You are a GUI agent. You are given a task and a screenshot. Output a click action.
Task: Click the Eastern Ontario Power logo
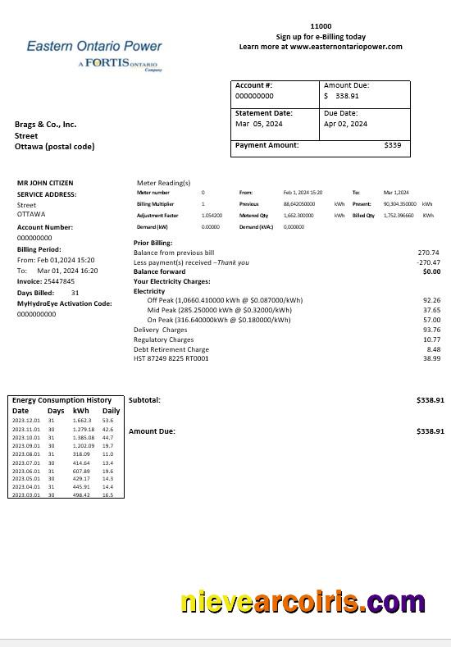(x=94, y=54)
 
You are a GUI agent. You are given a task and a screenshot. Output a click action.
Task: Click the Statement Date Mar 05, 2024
(x=258, y=124)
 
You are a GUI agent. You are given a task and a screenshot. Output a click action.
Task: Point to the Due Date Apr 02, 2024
(x=345, y=124)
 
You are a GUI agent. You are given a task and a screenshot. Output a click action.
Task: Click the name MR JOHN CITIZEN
(x=45, y=183)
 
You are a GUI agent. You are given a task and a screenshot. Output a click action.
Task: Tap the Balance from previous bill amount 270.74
(x=429, y=253)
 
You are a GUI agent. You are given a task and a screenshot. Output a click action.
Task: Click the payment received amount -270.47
(x=428, y=262)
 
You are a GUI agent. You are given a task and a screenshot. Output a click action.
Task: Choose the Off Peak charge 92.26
(x=431, y=301)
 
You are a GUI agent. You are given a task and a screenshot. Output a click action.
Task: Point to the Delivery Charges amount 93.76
(x=431, y=330)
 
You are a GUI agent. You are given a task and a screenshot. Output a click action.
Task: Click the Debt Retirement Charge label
(x=171, y=349)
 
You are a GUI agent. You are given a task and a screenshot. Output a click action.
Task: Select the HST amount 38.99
(x=431, y=358)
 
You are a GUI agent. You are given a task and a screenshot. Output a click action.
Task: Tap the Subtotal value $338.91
(x=430, y=400)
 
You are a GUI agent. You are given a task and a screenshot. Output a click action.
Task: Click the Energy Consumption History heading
(x=61, y=400)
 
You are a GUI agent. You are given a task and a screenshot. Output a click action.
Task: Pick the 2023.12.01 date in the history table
(x=26, y=421)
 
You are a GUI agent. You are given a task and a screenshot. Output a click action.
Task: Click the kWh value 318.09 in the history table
(x=81, y=453)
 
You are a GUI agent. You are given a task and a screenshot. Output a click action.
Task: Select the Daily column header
(x=111, y=411)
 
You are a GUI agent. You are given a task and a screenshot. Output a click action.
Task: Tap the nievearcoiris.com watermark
(x=303, y=603)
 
